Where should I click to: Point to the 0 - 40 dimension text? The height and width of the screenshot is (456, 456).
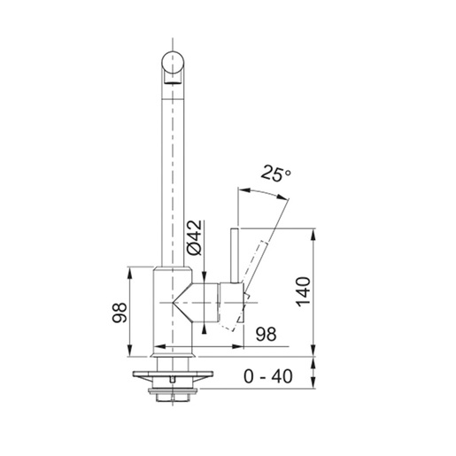(267, 376)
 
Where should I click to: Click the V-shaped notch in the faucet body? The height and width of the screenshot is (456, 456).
(184, 305)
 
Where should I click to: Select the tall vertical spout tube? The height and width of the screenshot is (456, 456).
(174, 168)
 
